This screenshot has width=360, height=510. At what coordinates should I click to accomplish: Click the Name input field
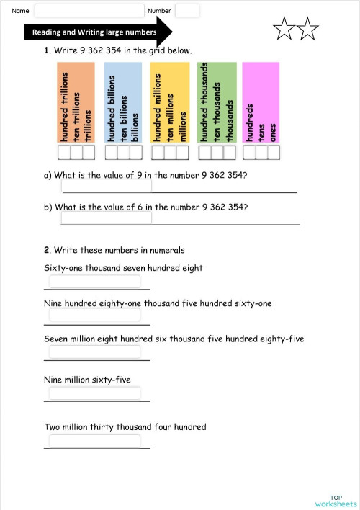89,11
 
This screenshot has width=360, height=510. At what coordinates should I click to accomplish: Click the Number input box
187,11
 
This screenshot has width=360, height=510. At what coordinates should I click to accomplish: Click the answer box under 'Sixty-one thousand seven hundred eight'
95,282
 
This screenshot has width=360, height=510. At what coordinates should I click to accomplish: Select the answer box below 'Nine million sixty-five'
95,393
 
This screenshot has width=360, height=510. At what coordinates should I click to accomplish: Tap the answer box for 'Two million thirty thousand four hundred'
95,441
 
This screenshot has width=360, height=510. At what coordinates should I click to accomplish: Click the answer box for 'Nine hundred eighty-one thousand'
95,318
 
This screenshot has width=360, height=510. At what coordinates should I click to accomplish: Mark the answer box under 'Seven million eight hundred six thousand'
95,352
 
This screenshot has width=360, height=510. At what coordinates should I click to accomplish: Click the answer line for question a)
180,187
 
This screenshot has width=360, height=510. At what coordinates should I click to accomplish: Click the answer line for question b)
180,219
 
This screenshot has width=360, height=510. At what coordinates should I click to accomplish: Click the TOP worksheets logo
336,501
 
